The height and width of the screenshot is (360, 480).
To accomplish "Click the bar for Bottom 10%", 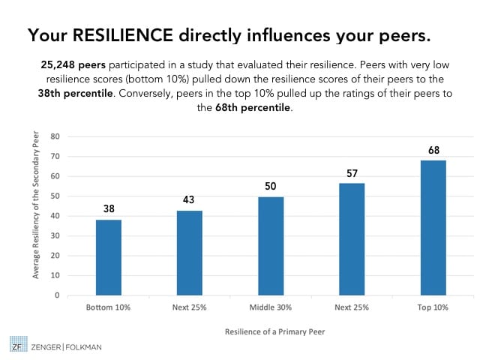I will (109, 257).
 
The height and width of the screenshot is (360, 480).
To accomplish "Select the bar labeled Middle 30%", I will (271, 246).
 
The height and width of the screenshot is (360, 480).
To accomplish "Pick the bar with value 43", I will (190, 253).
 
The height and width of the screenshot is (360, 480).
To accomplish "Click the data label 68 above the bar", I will (433, 151).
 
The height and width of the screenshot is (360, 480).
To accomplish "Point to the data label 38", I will (109, 209).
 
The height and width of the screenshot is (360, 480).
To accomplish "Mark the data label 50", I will (271, 186).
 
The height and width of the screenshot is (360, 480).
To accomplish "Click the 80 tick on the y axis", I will (55, 136).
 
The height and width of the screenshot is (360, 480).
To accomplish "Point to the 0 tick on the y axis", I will (57, 295).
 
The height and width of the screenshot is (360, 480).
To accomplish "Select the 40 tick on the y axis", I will (55, 216).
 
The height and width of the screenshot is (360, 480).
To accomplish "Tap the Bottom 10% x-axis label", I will (109, 307).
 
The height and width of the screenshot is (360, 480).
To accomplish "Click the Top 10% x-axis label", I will (433, 307).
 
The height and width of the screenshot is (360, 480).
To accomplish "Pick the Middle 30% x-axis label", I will (271, 307).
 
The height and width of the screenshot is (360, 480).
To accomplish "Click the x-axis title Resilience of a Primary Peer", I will (271, 331).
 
